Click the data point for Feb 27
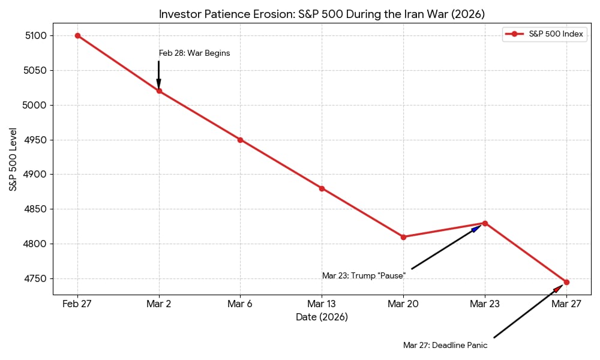point(77,35)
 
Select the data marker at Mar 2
point(159,91)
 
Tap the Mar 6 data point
point(240,140)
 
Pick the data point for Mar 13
point(322,188)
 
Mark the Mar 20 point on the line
point(403,237)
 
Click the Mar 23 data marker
point(485,223)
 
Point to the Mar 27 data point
point(566,282)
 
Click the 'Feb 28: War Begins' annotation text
point(194,53)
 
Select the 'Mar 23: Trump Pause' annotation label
point(364,276)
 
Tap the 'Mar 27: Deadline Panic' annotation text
point(445,346)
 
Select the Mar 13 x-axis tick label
point(322,304)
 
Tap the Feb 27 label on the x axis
point(77,304)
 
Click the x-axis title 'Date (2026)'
point(322,317)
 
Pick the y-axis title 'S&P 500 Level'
point(13,159)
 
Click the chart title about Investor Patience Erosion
point(322,14)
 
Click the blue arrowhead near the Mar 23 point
point(477,228)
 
